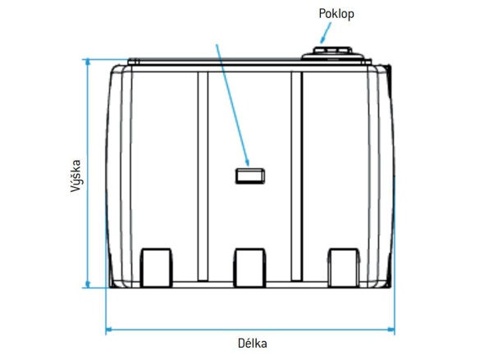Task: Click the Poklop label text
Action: pos(336,13)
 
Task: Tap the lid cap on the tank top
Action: pos(331,54)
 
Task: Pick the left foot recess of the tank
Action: pos(158,266)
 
